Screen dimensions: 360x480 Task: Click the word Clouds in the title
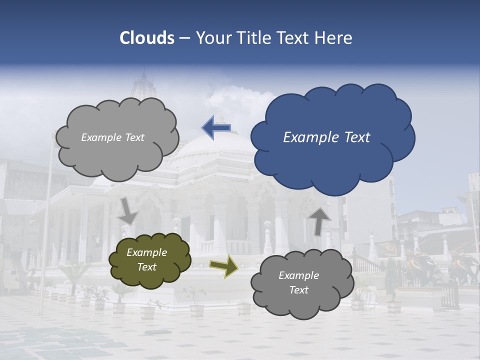tap(147, 38)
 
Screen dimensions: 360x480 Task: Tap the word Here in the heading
tap(333, 38)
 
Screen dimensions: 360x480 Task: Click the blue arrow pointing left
tap(216, 127)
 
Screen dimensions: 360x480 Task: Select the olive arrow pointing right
tap(223, 266)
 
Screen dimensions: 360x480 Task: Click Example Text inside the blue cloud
tap(326, 137)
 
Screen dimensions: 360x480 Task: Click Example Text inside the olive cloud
tap(146, 260)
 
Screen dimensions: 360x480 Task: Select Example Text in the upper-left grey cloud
tap(112, 137)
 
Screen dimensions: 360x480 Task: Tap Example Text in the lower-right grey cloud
tap(298, 282)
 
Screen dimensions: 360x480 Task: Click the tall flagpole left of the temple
tap(48, 225)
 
